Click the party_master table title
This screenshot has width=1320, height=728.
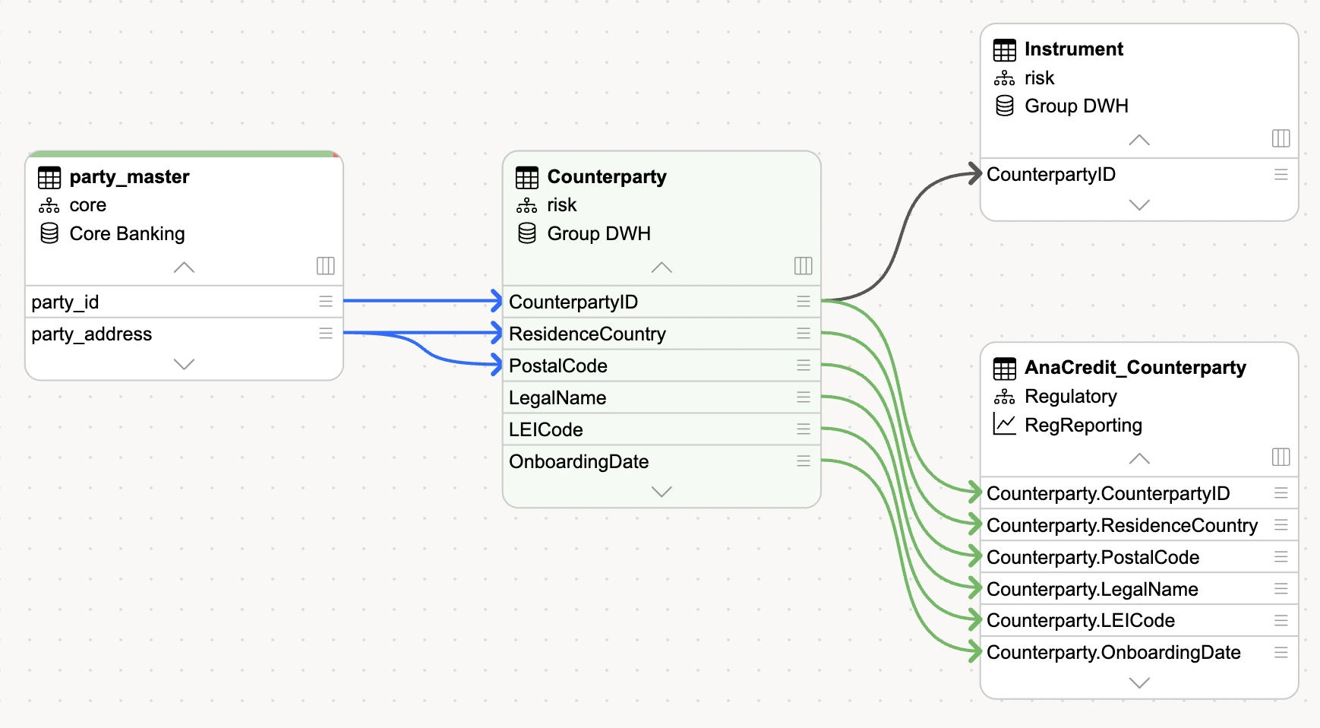tap(129, 177)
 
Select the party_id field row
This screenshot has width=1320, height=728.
tap(184, 302)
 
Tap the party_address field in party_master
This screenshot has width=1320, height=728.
tap(91, 334)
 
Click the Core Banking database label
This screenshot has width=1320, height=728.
tap(127, 234)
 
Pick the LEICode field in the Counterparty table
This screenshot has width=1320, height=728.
tap(545, 430)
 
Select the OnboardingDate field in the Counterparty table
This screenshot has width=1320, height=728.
tap(579, 462)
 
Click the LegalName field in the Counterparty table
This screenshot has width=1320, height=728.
tap(557, 398)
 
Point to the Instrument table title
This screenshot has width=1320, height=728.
tap(1073, 49)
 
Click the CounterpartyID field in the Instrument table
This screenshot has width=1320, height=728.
tap(1051, 175)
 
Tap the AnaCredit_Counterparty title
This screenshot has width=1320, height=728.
tap(1135, 368)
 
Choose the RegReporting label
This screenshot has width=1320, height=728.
tap(1083, 426)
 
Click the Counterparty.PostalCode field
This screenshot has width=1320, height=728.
tap(1093, 558)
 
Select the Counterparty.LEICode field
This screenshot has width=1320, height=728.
tap(1081, 621)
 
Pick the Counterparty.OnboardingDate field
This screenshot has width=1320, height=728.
tap(1113, 653)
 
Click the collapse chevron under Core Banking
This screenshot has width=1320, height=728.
tap(184, 267)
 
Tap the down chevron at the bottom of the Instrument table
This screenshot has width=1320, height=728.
tap(1139, 205)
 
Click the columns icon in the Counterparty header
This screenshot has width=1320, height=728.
tap(803, 266)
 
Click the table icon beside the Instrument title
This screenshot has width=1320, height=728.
tap(1004, 50)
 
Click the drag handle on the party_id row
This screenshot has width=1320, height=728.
tap(326, 302)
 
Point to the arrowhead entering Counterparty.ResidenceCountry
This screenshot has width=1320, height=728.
tap(975, 524)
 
